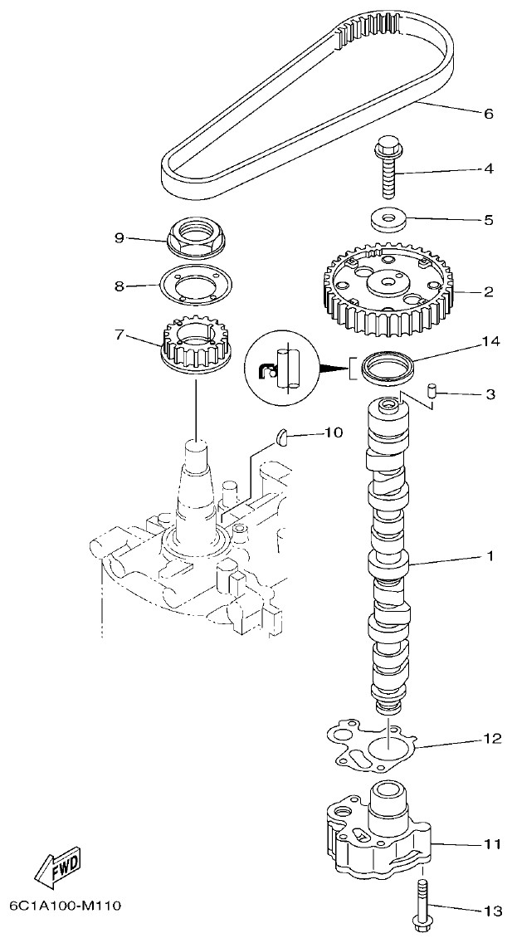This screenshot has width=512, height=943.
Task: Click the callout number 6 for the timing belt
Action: point(487,114)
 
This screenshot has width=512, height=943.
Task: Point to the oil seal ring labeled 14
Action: point(387,367)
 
